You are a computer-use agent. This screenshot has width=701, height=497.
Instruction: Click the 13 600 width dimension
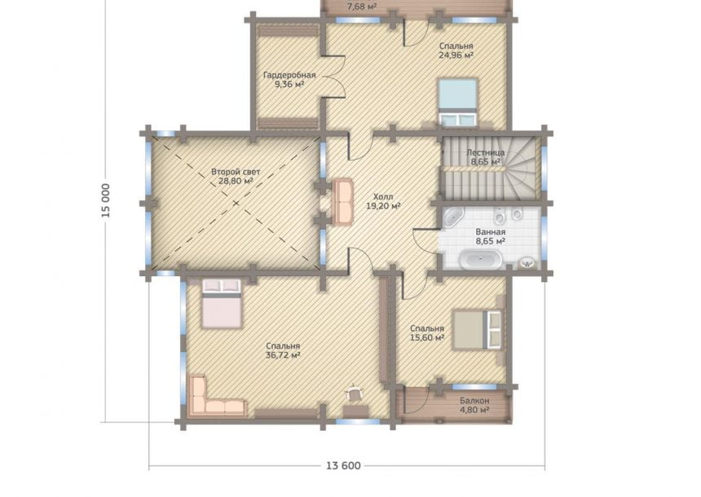pyautogui.click(x=343, y=466)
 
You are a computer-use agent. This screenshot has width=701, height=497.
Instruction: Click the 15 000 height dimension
pyautogui.click(x=105, y=200)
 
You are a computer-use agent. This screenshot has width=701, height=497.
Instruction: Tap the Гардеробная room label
pyautogui.click(x=289, y=75)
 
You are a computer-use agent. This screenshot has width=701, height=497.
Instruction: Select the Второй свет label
pyautogui.click(x=236, y=172)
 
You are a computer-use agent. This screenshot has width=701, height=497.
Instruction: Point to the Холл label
pyautogui.click(x=383, y=196)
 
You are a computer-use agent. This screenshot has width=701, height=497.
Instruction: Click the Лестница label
pyautogui.click(x=486, y=153)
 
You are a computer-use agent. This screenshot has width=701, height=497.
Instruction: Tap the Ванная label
pyautogui.click(x=491, y=232)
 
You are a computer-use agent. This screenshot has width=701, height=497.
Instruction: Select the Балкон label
pyautogui.click(x=474, y=401)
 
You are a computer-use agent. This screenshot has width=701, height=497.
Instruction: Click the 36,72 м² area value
pyautogui.click(x=283, y=355)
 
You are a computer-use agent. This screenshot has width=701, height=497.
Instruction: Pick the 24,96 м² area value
pyautogui.click(x=456, y=55)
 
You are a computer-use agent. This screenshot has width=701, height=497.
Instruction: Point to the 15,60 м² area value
pyautogui.click(x=427, y=338)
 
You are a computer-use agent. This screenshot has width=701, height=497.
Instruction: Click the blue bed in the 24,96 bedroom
pyautogui.click(x=458, y=103)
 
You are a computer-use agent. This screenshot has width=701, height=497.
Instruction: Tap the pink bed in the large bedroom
pyautogui.click(x=222, y=303)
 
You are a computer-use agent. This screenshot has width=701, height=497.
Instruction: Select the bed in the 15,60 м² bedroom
pyautogui.click(x=477, y=330)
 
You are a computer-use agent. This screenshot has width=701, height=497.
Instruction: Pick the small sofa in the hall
pyautogui.click(x=342, y=200)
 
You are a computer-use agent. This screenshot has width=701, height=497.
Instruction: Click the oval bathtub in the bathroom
pyautogui.click(x=481, y=259)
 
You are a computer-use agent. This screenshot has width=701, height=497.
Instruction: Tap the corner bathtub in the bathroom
pyautogui.click(x=452, y=218)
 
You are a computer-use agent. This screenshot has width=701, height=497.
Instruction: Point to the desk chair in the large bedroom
pyautogui.click(x=355, y=393)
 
